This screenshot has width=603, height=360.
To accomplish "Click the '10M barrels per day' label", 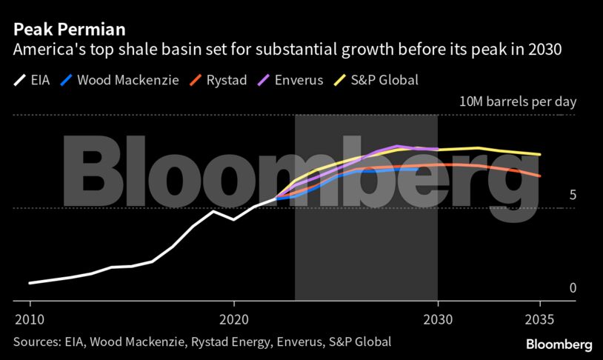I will (x=517, y=102).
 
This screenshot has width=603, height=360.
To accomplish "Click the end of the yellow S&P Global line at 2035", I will (x=540, y=155).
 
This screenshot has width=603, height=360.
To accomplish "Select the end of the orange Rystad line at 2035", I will (x=540, y=176).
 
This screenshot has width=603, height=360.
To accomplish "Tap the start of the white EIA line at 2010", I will (x=30, y=283).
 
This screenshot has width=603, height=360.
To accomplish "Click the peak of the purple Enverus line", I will (x=398, y=146).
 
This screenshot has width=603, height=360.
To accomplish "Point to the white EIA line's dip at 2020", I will (x=234, y=219).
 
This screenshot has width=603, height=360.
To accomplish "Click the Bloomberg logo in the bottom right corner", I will (x=559, y=344).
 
